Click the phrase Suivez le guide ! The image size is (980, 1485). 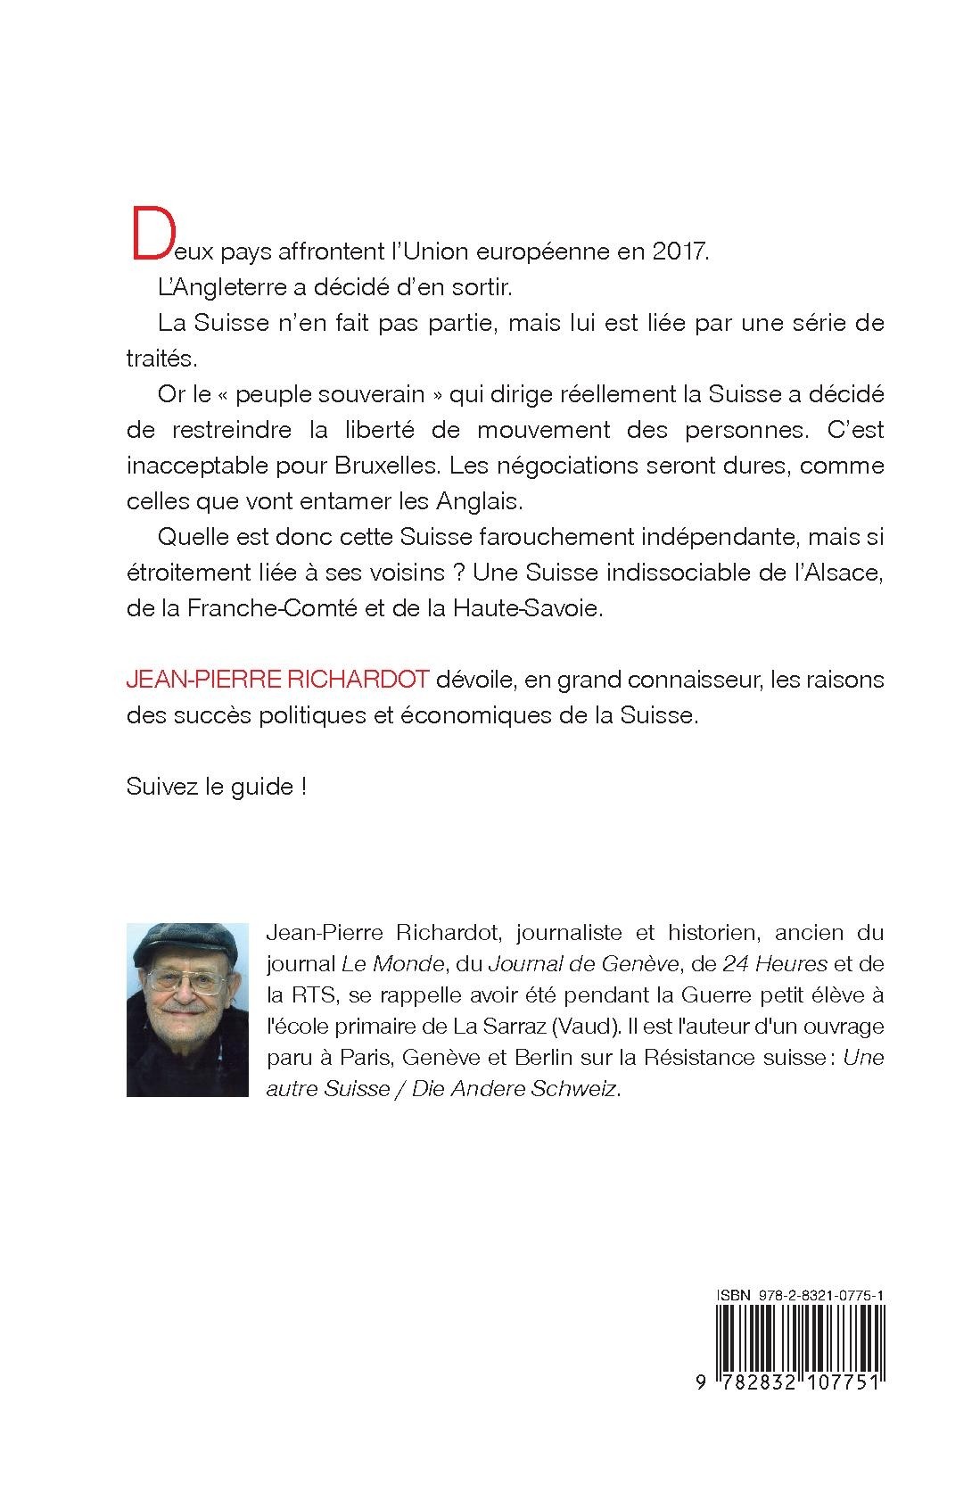coord(217,788)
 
